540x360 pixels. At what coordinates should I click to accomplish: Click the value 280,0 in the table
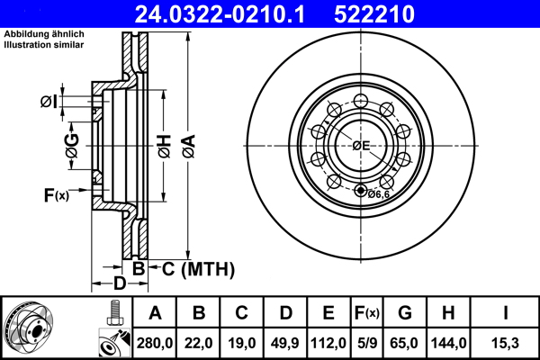[x=155, y=342]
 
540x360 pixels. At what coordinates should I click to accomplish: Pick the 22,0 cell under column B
[x=199, y=342]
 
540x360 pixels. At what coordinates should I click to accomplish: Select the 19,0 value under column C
[x=242, y=342]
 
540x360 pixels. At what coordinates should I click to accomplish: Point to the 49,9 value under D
[x=285, y=342]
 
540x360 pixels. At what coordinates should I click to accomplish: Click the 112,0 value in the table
[x=328, y=342]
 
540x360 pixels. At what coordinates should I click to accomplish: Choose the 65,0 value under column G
[x=405, y=342]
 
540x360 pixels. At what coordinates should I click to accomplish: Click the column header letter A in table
[x=155, y=313]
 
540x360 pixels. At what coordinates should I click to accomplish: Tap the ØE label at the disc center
[x=361, y=145]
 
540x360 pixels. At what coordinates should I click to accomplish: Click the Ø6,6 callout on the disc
[x=378, y=193]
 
